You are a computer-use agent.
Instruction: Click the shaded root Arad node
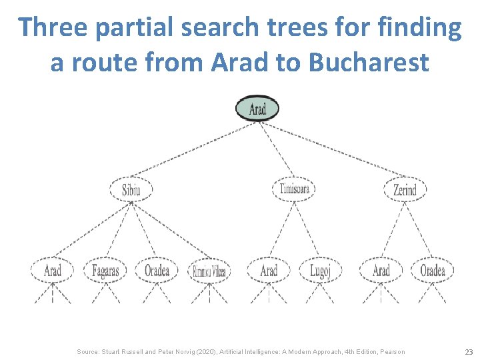[x=257, y=108]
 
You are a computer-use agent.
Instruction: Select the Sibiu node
[x=131, y=190]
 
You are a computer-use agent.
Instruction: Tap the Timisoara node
[x=293, y=189]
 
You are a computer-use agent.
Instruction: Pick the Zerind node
[x=405, y=190]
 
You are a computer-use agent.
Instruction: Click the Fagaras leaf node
[x=105, y=271]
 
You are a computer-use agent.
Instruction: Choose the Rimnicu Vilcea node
[x=209, y=271]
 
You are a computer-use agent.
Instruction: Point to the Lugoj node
[x=325, y=271]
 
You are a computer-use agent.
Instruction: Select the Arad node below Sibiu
[x=52, y=270]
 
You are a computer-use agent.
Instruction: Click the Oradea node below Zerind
[x=432, y=270]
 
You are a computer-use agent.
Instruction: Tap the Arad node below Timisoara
[x=269, y=270]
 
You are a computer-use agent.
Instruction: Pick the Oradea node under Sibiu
[x=157, y=270]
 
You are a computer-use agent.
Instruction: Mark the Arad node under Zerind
[x=381, y=270]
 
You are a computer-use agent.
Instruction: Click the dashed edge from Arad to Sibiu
[x=193, y=149]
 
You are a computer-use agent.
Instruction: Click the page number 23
[x=468, y=351]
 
